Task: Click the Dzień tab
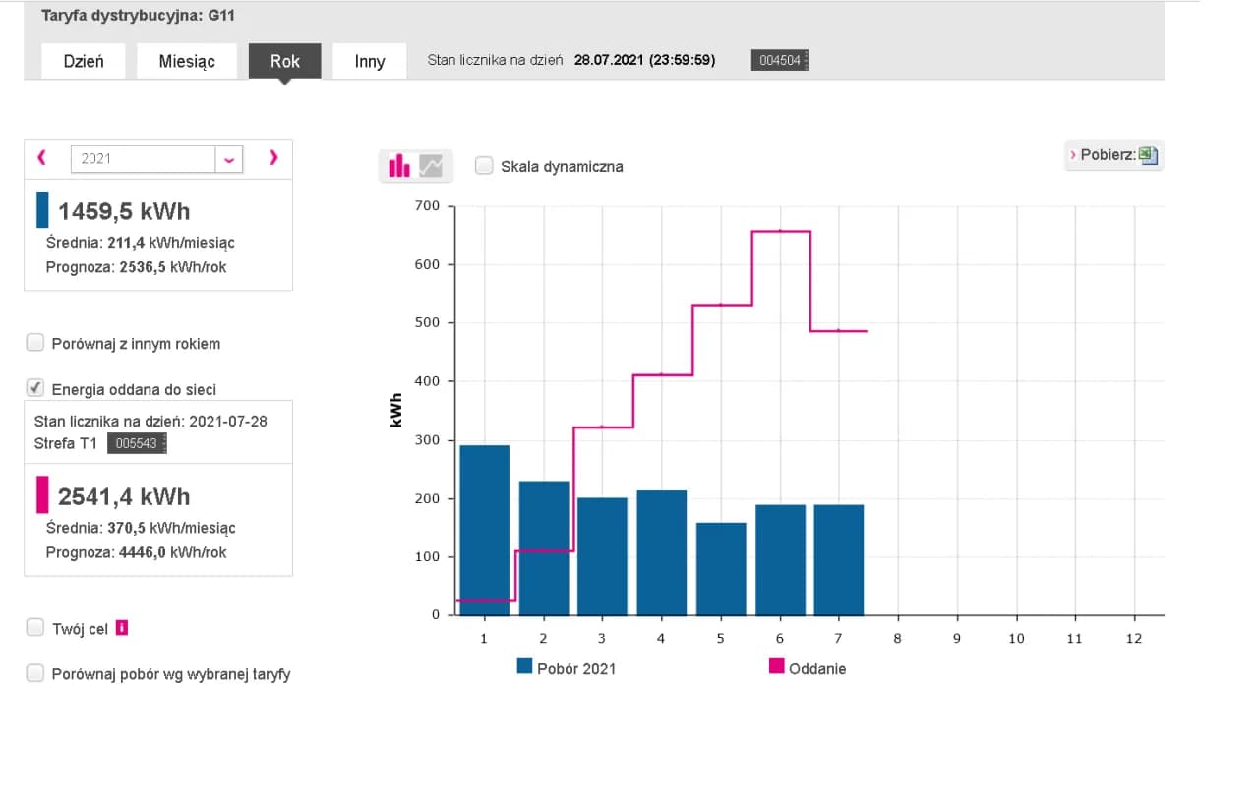point(84,61)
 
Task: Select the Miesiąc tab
point(187,61)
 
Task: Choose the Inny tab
point(370,61)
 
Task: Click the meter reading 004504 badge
point(779,61)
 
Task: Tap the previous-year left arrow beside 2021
point(41,157)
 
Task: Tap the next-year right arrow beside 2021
point(273,157)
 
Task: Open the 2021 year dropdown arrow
point(229,159)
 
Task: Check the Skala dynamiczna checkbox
point(484,166)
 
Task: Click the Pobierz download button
point(1113,155)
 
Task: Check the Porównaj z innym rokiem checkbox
point(35,343)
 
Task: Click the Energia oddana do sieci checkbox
point(35,388)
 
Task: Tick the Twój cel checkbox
point(35,628)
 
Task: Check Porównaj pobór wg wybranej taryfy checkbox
point(35,673)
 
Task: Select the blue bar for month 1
point(485,531)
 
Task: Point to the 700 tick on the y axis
point(428,206)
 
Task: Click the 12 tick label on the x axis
point(1134,638)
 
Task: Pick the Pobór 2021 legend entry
point(567,668)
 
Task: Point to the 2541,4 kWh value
point(124,496)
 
